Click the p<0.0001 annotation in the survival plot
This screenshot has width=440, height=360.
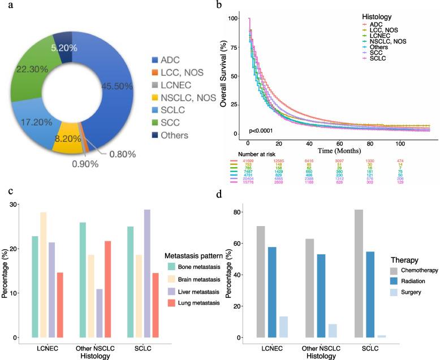click(262, 131)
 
